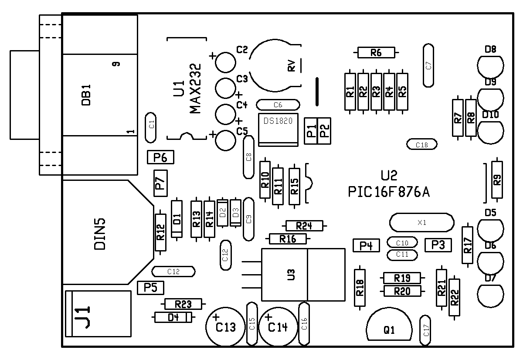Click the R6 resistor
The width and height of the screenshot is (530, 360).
tap(376, 53)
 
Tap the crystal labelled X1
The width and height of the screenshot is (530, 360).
tap(421, 222)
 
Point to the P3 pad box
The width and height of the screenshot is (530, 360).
tap(438, 245)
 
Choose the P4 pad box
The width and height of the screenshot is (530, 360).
tap(366, 246)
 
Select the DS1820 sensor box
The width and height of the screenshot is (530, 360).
tap(278, 130)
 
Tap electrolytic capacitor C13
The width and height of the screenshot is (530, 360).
tap(225, 327)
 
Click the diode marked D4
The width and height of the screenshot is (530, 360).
tap(173, 317)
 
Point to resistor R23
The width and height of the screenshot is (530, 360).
tap(183, 304)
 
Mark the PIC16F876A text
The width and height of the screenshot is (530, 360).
tap(389, 192)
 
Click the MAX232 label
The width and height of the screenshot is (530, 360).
tap(195, 88)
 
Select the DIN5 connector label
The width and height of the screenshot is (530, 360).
tap(100, 234)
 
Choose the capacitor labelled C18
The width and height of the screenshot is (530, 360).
tap(421, 145)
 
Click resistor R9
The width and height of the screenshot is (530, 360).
tap(497, 180)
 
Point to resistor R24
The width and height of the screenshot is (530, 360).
tap(304, 226)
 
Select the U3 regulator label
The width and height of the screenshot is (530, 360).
tap(292, 275)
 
